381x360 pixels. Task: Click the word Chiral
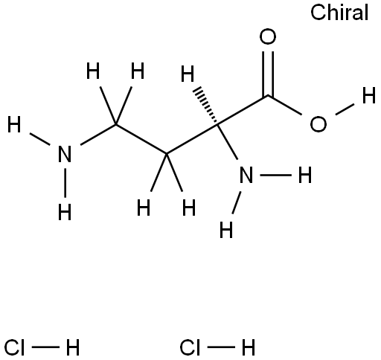339,13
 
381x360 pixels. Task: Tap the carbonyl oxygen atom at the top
268,36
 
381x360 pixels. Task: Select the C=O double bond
268,74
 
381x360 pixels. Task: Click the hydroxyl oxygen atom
318,123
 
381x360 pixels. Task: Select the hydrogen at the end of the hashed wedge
188,74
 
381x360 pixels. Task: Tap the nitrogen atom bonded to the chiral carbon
246,175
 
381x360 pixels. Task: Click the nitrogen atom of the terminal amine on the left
65,154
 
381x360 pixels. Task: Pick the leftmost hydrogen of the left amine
14,124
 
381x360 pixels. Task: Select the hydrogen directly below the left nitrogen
65,212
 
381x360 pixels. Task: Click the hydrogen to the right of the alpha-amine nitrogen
305,175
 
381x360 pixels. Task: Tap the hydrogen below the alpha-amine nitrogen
226,230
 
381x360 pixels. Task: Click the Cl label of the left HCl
15,347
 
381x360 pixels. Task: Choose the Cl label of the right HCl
190,347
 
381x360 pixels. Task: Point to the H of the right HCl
249,347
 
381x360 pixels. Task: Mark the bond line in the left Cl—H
45,347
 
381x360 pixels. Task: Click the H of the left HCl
73,347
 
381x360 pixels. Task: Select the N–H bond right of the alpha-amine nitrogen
275,175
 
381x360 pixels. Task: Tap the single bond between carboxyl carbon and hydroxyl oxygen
285,105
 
